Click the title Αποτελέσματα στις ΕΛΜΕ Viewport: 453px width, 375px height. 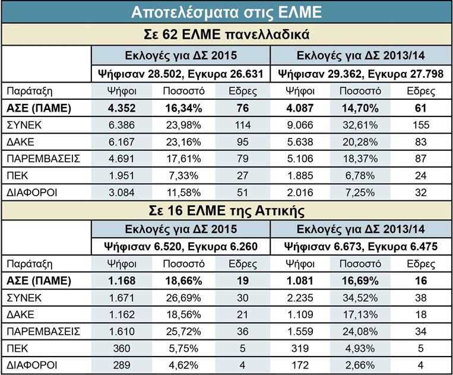[226, 11]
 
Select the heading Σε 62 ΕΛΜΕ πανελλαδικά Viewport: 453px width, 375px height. [226, 33]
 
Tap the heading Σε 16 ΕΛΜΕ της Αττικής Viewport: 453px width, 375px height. [226, 210]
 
